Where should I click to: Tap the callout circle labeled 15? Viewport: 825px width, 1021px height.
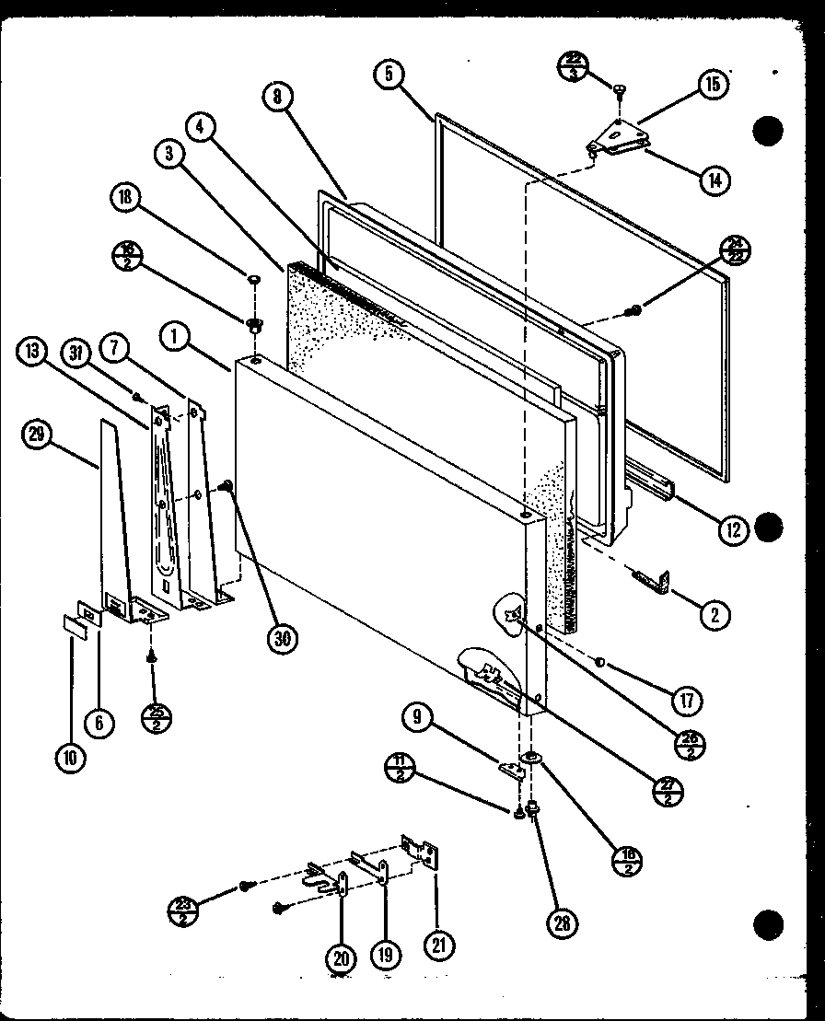tap(712, 85)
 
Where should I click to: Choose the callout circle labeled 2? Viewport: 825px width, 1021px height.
tap(714, 616)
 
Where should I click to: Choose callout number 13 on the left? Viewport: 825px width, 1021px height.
tap(32, 351)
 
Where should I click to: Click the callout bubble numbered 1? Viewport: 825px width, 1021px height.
tap(176, 337)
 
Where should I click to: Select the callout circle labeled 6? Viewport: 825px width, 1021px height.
tap(98, 723)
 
